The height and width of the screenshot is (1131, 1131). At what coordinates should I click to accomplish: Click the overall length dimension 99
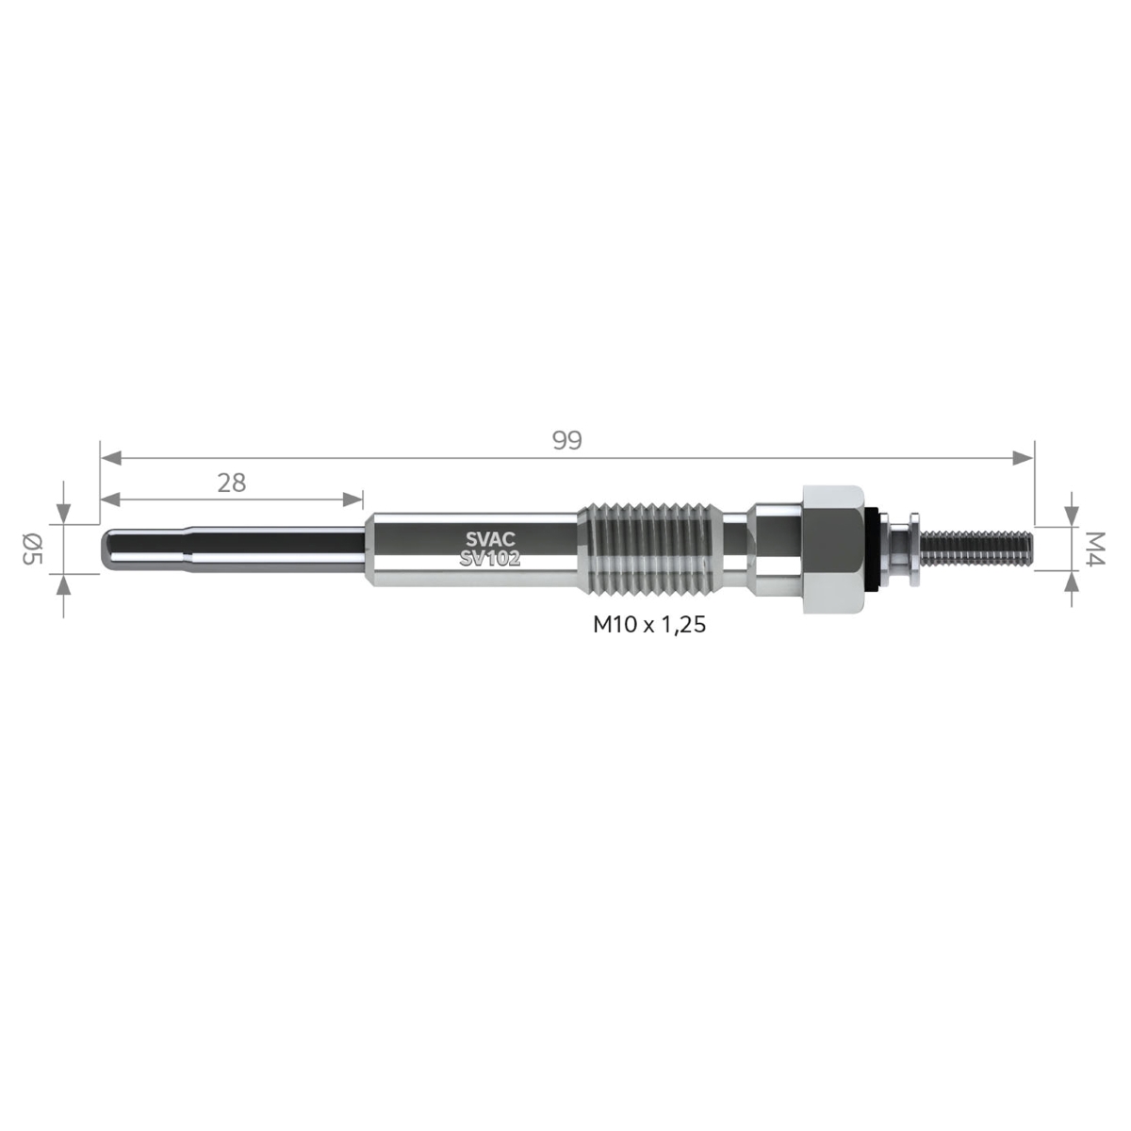[567, 440]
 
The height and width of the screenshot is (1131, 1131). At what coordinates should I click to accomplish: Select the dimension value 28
[231, 484]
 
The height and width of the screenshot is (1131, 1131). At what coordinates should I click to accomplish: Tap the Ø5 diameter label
[32, 549]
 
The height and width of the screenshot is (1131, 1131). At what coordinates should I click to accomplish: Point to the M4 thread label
[1095, 549]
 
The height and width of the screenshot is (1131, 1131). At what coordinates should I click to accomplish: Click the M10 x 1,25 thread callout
[649, 625]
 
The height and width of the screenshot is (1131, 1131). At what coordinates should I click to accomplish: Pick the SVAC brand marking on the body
[490, 539]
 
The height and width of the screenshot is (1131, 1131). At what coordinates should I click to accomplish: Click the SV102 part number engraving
[490, 559]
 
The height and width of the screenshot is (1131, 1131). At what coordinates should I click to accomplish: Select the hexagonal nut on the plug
[834, 549]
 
